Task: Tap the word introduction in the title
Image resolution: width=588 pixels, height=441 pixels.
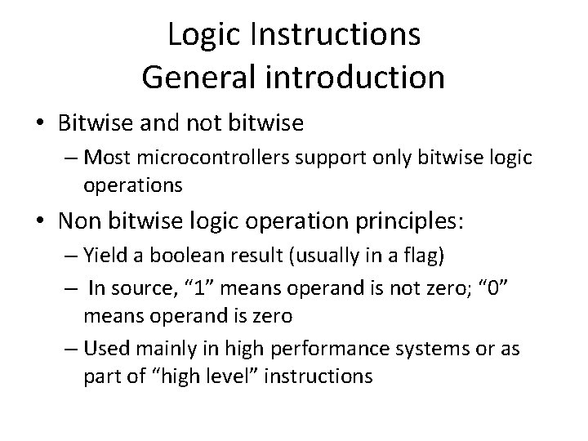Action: tap(357, 77)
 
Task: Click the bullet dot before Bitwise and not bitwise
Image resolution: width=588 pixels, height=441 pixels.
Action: tap(40, 124)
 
